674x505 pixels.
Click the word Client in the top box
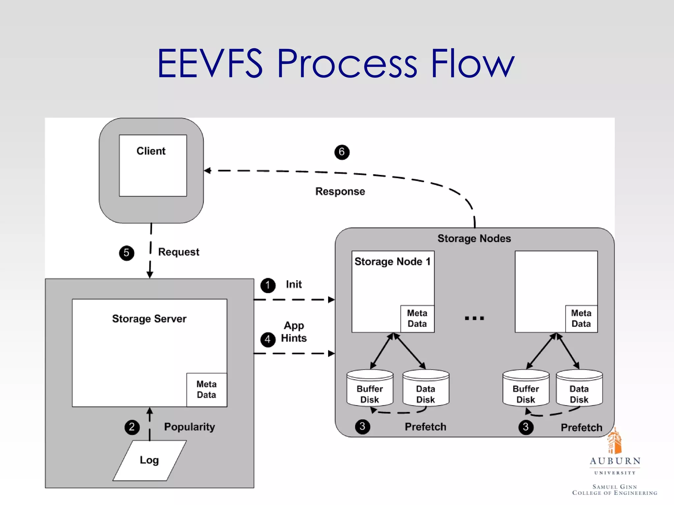[151, 151]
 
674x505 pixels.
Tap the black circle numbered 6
[342, 152]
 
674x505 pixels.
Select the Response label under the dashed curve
[340, 191]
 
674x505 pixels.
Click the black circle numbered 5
[126, 253]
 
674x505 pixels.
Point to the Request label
[178, 252]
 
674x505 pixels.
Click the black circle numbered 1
[268, 285]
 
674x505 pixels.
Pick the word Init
[294, 284]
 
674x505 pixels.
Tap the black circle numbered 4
[268, 339]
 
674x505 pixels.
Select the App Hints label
[294, 332]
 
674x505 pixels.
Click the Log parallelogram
[149, 460]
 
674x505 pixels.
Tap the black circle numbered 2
[132, 427]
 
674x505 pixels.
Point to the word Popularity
[189, 427]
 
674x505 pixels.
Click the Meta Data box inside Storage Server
[206, 390]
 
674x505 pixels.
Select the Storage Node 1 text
[392, 261]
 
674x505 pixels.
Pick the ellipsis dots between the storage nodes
[474, 318]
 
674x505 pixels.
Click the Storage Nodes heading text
[474, 238]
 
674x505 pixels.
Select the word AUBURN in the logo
[615, 461]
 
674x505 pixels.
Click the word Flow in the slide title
[472, 63]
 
